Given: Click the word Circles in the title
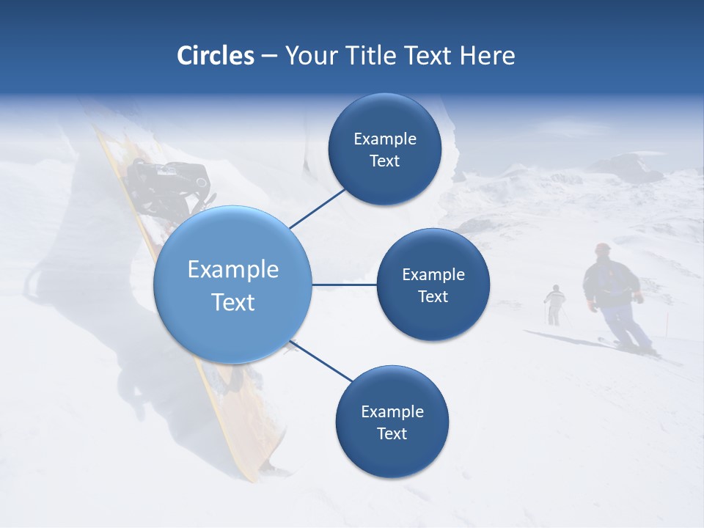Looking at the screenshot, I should (215, 55).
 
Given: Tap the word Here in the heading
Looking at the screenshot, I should (487, 55).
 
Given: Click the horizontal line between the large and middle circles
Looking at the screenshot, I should (345, 285).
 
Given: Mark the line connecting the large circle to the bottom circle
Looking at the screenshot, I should (321, 362).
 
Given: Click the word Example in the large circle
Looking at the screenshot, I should (232, 269).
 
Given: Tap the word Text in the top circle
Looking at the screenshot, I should (384, 161).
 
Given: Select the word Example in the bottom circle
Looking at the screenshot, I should (392, 411).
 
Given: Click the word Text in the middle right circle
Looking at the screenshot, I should (433, 296).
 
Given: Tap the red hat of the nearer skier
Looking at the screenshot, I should (603, 248).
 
